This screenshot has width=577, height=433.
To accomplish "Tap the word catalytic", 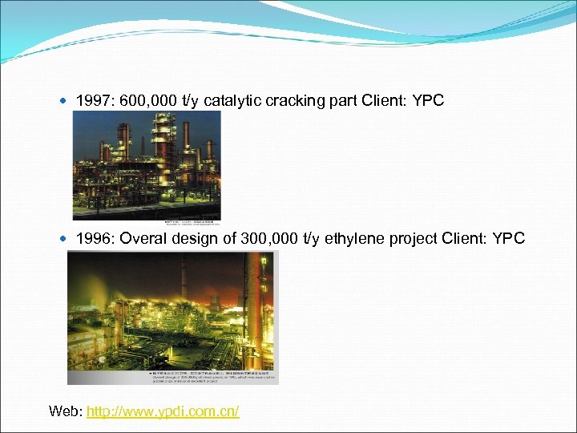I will pos(232,101).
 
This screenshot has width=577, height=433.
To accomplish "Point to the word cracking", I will pos(293,101).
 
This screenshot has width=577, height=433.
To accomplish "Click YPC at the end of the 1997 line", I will pos(426,101).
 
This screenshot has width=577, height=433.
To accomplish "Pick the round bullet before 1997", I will pos(65,102).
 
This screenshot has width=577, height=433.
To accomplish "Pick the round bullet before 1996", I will pos(65,239).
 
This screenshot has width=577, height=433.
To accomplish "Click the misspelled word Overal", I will pos(143,238).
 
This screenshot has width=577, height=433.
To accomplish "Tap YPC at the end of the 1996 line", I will pos(509,238).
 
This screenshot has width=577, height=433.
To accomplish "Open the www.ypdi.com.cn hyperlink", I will pos(163,411).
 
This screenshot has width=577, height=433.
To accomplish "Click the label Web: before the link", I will pos(65,411).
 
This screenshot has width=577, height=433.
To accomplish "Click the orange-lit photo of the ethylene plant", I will pos(172,310).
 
